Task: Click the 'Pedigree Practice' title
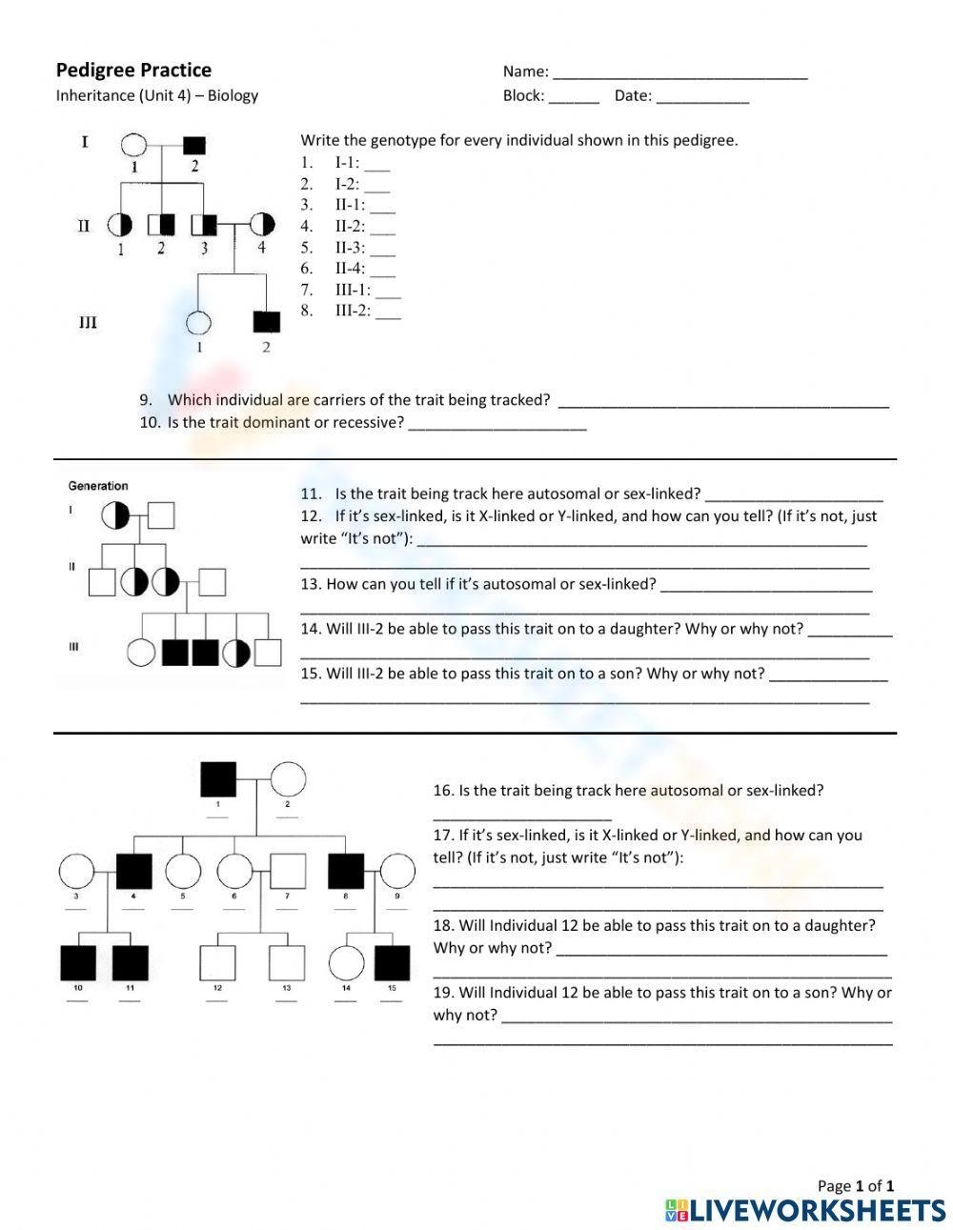click(x=133, y=70)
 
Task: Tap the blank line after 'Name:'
click(x=679, y=73)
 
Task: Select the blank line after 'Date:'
click(x=702, y=97)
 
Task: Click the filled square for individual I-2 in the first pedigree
click(x=193, y=146)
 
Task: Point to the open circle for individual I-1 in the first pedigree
click(x=133, y=146)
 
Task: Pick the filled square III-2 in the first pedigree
click(x=266, y=322)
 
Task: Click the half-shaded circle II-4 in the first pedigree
click(x=262, y=225)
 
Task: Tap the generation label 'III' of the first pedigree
click(x=87, y=323)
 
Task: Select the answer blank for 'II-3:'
click(x=382, y=249)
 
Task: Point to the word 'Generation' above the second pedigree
click(x=98, y=486)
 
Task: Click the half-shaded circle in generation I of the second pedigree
click(x=115, y=515)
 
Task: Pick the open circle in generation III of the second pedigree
click(x=141, y=653)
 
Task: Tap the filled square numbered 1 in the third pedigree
click(x=217, y=779)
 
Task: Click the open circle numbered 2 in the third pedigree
click(x=288, y=779)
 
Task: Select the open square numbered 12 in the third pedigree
click(x=217, y=963)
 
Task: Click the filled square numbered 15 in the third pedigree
click(x=392, y=963)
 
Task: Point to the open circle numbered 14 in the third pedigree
click(x=346, y=963)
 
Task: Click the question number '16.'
click(x=443, y=790)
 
